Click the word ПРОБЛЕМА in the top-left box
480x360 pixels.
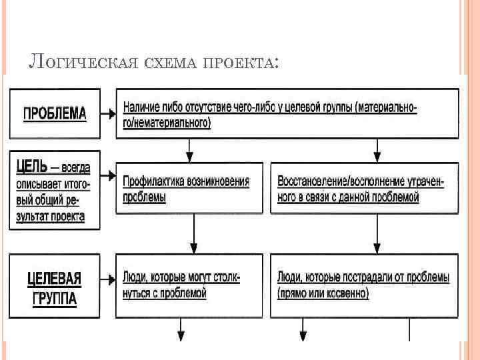point(55,113)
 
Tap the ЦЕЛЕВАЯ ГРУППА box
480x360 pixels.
point(55,287)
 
